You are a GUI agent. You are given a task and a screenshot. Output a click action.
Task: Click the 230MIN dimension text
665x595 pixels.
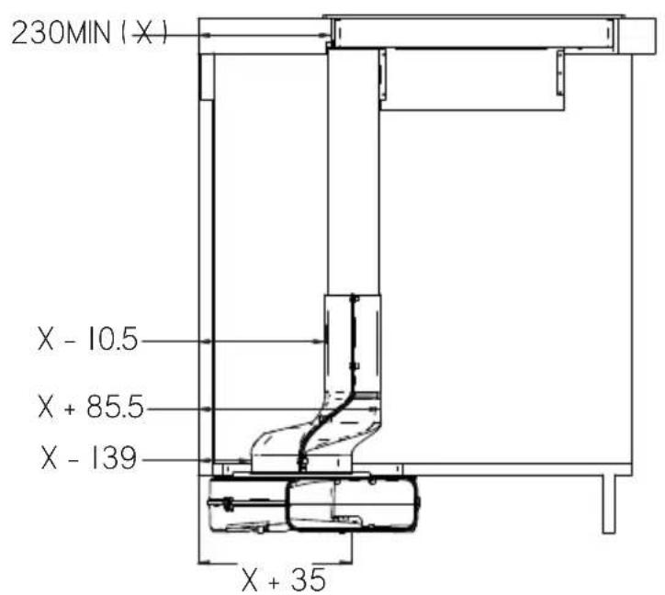tap(61, 33)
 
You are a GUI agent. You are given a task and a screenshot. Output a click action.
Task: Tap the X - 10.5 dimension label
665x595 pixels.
tap(88, 339)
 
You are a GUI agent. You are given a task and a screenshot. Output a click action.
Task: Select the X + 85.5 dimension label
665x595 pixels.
tap(91, 407)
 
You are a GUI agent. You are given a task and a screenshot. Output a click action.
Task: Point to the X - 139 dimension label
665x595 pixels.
tap(89, 458)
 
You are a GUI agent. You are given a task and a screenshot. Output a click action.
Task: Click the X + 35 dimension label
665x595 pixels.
tap(284, 580)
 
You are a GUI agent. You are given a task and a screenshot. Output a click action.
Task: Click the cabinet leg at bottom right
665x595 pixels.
tap(609, 504)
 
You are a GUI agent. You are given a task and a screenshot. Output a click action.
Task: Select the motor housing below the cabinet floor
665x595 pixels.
tap(314, 504)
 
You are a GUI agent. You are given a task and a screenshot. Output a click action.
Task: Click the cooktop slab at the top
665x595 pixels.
tap(474, 32)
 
